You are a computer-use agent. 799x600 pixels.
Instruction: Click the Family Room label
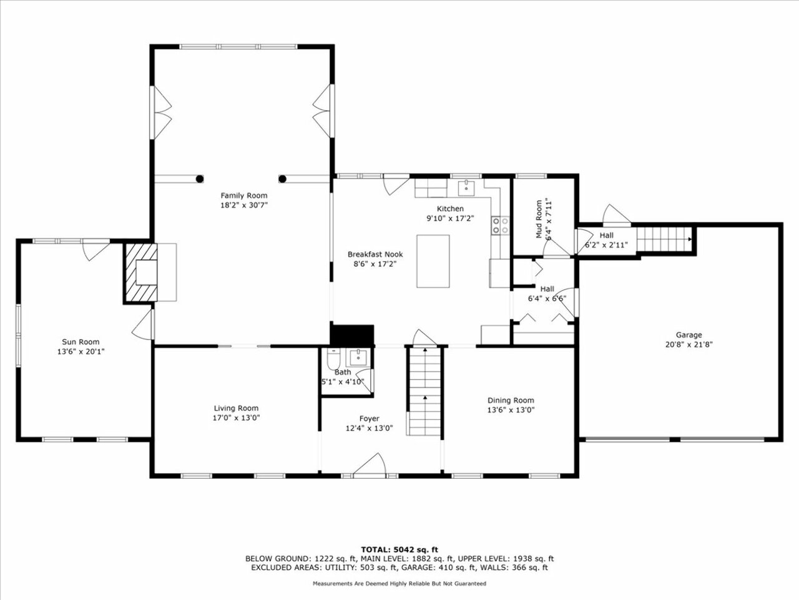(244, 196)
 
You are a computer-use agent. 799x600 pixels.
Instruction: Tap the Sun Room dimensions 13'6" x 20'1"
(81, 351)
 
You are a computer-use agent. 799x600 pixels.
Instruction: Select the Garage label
(689, 335)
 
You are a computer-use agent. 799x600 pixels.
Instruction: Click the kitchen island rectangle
(433, 261)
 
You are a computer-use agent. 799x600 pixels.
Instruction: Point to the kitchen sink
(466, 189)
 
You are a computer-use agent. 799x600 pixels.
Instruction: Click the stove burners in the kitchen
(501, 225)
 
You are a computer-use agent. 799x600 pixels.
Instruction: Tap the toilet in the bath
(333, 359)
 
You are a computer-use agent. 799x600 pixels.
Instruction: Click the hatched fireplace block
(141, 272)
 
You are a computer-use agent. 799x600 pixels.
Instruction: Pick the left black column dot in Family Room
(200, 179)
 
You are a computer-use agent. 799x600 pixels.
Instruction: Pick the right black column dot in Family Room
(283, 179)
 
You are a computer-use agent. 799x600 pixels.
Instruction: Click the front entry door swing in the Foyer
(369, 464)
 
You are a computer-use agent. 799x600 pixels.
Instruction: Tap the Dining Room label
(511, 401)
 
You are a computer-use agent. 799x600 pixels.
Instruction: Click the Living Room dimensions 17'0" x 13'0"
(236, 418)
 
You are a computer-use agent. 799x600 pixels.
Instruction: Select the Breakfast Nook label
(375, 254)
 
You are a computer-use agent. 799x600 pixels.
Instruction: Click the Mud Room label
(539, 219)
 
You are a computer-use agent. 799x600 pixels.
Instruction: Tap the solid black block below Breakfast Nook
(352, 335)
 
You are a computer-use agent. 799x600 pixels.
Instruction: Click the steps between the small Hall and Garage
(664, 239)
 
